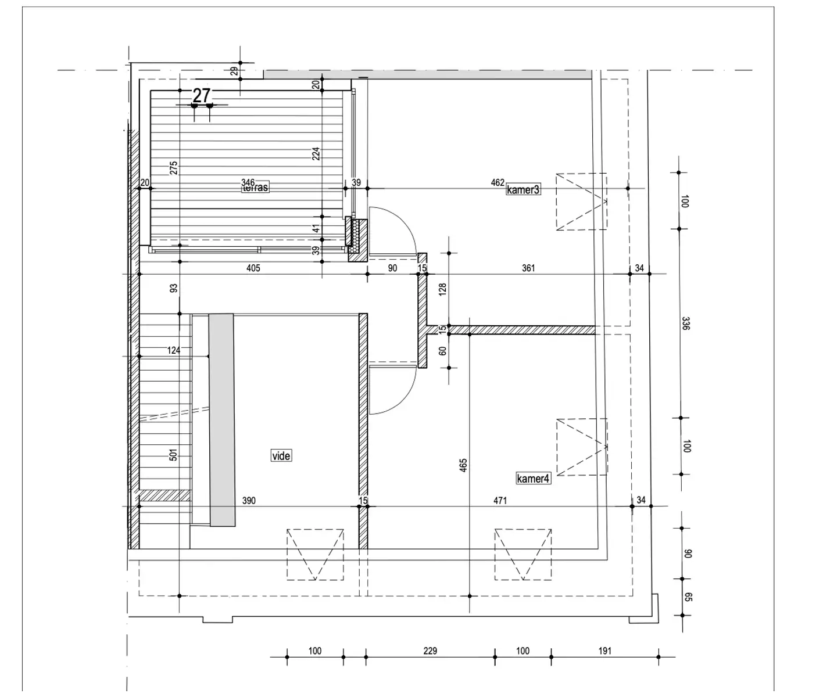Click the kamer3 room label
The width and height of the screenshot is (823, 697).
(x=523, y=190)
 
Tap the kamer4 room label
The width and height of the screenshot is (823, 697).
(x=533, y=478)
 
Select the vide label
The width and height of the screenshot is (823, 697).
(x=281, y=455)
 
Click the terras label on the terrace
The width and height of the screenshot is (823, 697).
(x=256, y=187)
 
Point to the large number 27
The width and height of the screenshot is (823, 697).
(x=202, y=95)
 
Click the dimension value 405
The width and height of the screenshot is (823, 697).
(x=253, y=268)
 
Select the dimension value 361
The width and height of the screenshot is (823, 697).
(x=528, y=268)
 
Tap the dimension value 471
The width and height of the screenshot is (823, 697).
(x=500, y=501)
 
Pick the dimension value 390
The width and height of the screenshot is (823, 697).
(x=249, y=501)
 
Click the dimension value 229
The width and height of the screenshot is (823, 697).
(x=430, y=651)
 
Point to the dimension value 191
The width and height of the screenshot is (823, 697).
(x=605, y=651)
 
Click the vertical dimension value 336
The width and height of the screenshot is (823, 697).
(x=686, y=323)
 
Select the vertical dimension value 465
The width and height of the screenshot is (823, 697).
(x=463, y=465)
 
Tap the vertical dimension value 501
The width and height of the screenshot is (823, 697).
(x=173, y=455)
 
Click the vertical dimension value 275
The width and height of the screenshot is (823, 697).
(x=174, y=168)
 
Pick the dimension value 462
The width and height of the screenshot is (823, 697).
(x=498, y=182)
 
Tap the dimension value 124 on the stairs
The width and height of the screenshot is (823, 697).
(x=174, y=350)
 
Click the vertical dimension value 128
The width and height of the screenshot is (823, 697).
(x=443, y=289)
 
